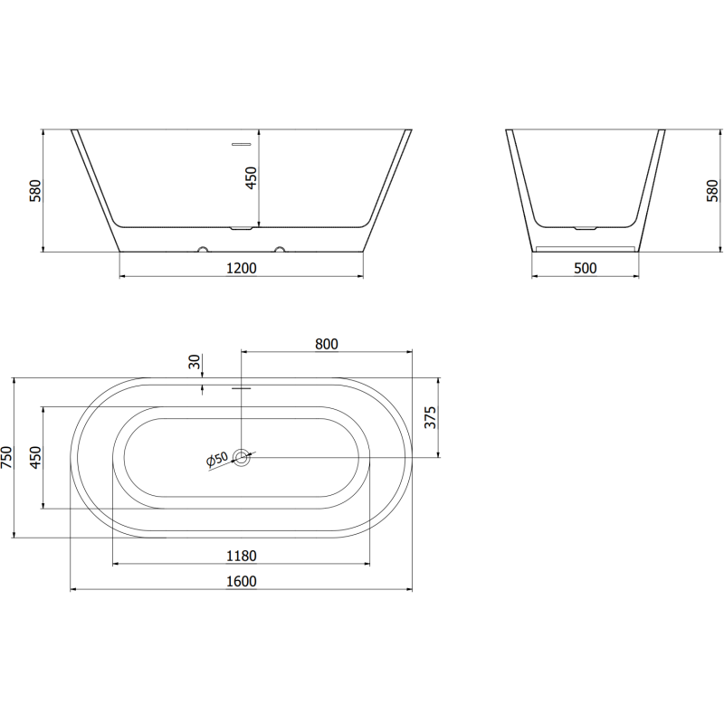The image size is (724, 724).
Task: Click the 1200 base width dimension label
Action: tap(242, 267)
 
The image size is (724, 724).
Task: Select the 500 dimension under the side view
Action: tap(586, 267)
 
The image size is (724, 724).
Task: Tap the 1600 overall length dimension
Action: tap(242, 581)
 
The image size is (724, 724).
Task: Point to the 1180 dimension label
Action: tap(242, 555)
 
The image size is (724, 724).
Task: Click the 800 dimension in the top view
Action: tap(327, 343)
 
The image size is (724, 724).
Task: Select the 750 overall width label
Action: tap(7, 458)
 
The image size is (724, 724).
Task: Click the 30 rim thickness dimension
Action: tap(194, 361)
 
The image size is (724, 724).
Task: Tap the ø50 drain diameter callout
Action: tap(218, 460)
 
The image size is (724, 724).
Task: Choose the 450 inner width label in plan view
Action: tap(34, 458)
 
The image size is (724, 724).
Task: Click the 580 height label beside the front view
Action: tap(36, 191)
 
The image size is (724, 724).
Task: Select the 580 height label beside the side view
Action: tap(712, 191)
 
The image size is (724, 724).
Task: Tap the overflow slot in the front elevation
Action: tap(242, 143)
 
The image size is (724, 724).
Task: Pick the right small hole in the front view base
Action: tap(280, 246)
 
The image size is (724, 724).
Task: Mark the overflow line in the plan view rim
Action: tap(242, 388)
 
